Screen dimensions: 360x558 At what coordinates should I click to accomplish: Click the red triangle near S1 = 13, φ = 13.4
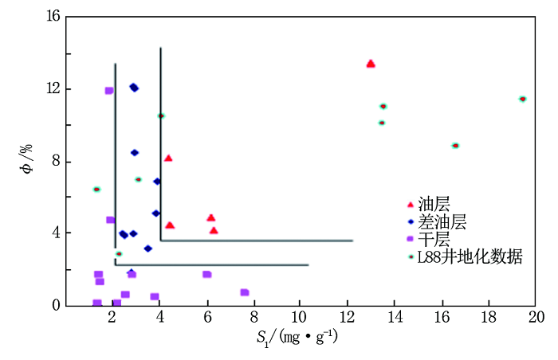point(371,64)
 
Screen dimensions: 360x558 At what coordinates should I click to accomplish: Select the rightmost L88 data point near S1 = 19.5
point(523,99)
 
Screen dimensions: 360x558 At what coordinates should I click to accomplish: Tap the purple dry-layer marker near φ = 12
point(109,91)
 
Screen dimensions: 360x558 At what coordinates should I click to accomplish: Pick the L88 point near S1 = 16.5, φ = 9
point(455,146)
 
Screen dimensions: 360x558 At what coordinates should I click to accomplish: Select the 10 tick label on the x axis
point(301,318)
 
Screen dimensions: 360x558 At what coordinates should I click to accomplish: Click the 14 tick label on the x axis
point(395,318)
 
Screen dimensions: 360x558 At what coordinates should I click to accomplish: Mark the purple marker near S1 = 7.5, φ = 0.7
point(245,292)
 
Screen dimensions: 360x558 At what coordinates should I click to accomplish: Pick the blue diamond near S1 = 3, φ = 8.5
point(135,152)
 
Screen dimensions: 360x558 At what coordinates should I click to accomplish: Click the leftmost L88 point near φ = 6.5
point(96,190)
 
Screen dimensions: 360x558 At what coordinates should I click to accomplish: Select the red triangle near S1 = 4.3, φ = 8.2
point(168,158)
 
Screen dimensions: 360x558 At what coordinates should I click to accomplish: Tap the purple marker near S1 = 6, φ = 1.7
point(207,274)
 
